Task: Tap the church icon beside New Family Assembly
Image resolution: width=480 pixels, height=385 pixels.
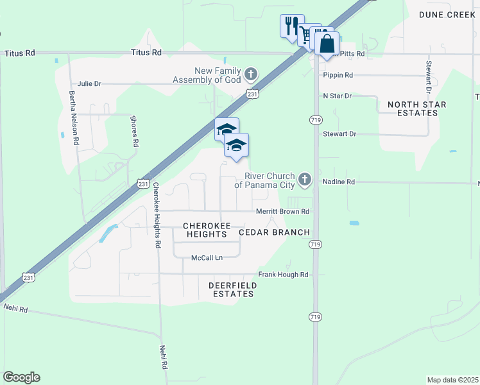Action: (251, 74)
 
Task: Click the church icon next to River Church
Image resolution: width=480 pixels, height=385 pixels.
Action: (305, 180)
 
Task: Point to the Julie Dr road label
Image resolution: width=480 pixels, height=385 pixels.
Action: (89, 83)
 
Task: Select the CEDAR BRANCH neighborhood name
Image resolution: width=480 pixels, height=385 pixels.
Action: (275, 232)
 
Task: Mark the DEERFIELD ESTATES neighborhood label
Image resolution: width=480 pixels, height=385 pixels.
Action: (232, 289)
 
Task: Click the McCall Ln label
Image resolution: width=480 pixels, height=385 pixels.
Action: (207, 258)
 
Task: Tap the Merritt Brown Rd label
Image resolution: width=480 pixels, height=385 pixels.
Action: (283, 211)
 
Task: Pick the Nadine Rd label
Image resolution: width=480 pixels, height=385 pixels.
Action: (338, 182)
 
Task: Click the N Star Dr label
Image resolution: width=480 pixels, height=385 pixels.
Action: (338, 96)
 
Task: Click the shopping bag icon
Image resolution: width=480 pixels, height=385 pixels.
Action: (327, 44)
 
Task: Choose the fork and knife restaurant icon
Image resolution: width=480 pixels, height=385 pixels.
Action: (292, 26)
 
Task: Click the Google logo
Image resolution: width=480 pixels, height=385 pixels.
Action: (21, 377)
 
